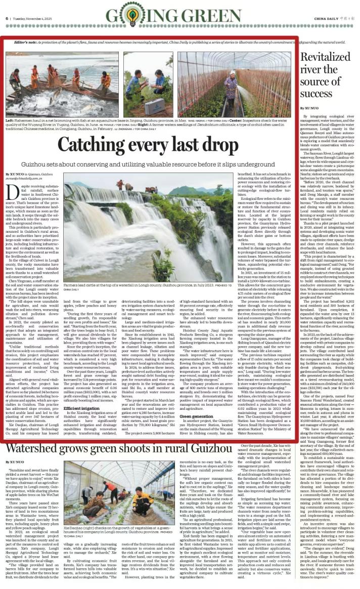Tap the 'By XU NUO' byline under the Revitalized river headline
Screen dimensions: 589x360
[309, 108]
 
